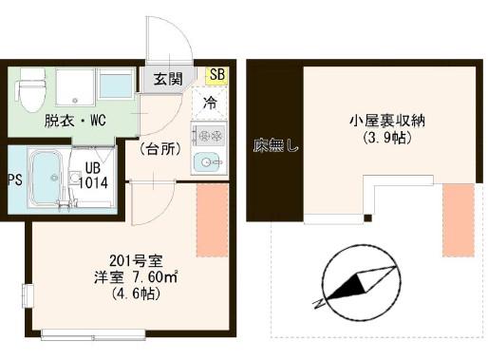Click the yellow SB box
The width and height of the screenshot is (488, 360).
pos(216,76)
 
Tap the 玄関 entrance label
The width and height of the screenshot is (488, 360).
pos(168,79)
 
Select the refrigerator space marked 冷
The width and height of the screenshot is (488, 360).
pos(210,103)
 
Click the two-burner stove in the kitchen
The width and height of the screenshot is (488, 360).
pos(209,136)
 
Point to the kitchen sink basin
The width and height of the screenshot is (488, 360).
pos(207,162)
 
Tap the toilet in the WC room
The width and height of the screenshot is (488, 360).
pos(30,90)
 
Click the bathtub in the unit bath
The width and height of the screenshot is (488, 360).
pos(47,180)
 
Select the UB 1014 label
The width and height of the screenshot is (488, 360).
pos(93,176)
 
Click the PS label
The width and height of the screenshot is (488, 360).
pos(15,180)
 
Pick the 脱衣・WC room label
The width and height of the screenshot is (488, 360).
pos(75,121)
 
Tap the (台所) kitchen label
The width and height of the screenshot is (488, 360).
pos(160,149)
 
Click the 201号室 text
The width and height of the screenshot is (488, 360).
pos(136,261)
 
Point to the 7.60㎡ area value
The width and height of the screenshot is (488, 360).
pos(155,277)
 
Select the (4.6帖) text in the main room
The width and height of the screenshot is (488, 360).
pos(136,294)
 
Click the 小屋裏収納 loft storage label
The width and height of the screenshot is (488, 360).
pos(386,121)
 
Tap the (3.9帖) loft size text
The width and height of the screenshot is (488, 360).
pos(386,138)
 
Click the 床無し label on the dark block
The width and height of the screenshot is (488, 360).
pos(275,146)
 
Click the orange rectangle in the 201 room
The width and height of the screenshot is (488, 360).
pos(212,219)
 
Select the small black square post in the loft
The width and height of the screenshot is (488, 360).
pos(367,218)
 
